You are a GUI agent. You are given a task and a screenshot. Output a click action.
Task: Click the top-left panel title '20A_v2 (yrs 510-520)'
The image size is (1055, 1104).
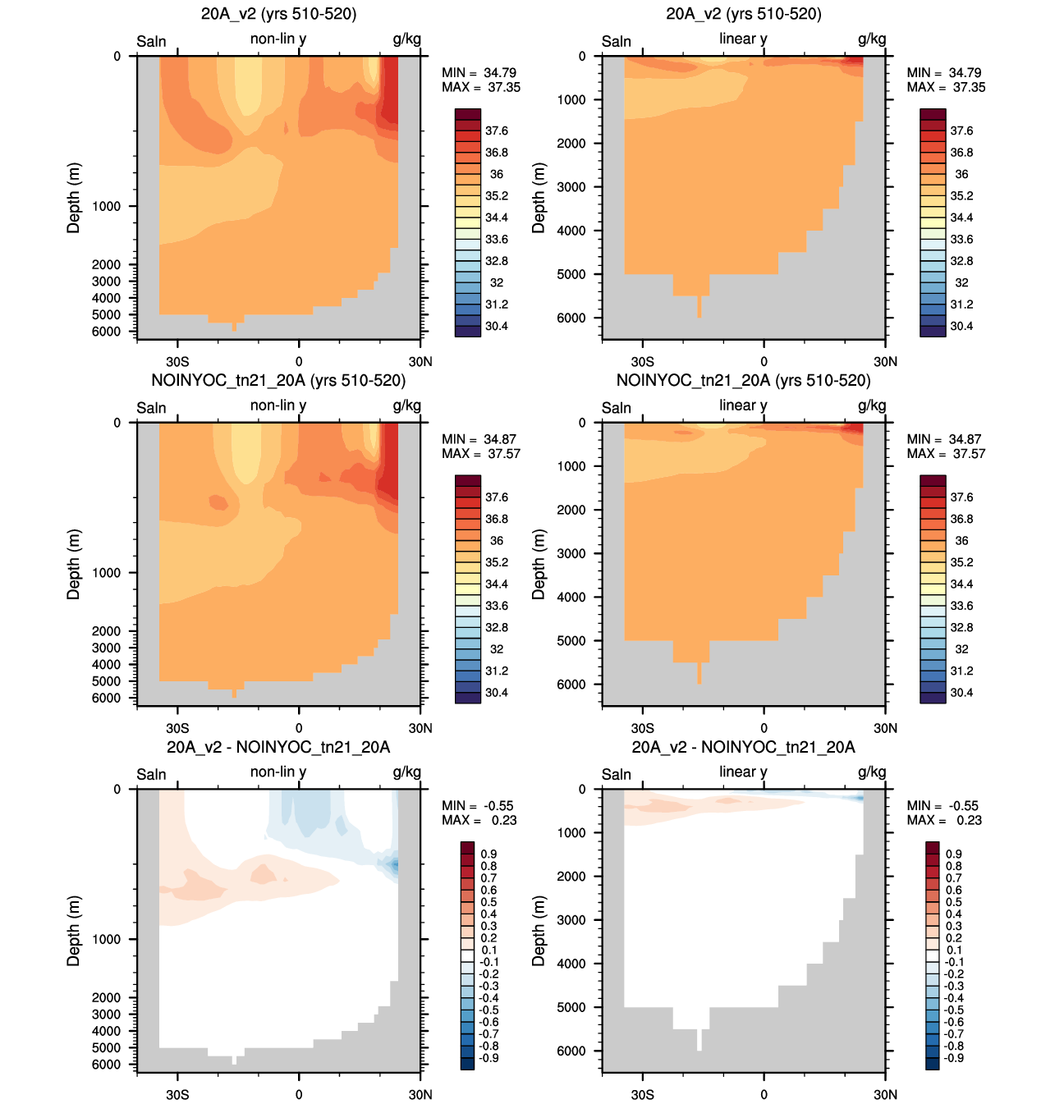pos(278,14)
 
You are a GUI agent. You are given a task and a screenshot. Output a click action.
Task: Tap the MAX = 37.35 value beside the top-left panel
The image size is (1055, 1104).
pos(480,87)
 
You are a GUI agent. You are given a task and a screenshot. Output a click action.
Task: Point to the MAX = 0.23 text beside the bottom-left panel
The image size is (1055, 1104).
pos(479,820)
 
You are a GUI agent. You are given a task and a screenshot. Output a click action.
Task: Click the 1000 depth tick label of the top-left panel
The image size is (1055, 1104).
pos(107,206)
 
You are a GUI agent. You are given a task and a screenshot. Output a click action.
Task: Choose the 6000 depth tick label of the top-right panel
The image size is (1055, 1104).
pos(571,318)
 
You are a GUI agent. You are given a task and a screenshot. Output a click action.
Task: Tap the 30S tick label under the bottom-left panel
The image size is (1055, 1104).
pos(177,1094)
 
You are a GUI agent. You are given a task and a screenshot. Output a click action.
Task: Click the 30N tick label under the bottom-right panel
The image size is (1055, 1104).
pos(885,1094)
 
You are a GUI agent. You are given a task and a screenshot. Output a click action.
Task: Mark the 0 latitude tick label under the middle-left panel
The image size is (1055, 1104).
pos(299,728)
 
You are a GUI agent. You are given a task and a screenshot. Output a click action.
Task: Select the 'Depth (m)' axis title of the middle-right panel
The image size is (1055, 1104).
pos(538,564)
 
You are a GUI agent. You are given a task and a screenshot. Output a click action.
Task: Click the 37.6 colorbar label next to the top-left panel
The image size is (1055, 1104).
pos(497,131)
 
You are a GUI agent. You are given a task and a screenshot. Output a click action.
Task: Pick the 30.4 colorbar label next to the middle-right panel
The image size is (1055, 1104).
pos(961,692)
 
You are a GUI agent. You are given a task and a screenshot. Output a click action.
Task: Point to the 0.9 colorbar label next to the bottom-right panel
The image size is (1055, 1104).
pos(954,854)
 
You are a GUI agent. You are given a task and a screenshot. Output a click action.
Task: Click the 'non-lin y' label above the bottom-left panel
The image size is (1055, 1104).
pos(278,772)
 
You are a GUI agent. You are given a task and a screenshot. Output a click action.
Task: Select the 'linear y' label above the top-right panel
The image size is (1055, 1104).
pos(743,39)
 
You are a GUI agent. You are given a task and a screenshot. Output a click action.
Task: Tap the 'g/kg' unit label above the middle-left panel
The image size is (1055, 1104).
pos(407,406)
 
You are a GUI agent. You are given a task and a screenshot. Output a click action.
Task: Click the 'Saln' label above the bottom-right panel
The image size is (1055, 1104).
pos(617,774)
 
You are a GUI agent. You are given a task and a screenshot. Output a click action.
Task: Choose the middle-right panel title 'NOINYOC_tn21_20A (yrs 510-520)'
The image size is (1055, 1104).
pos(744,380)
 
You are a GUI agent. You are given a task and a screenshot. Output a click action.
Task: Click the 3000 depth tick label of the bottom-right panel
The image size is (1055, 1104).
pos(571,919)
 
